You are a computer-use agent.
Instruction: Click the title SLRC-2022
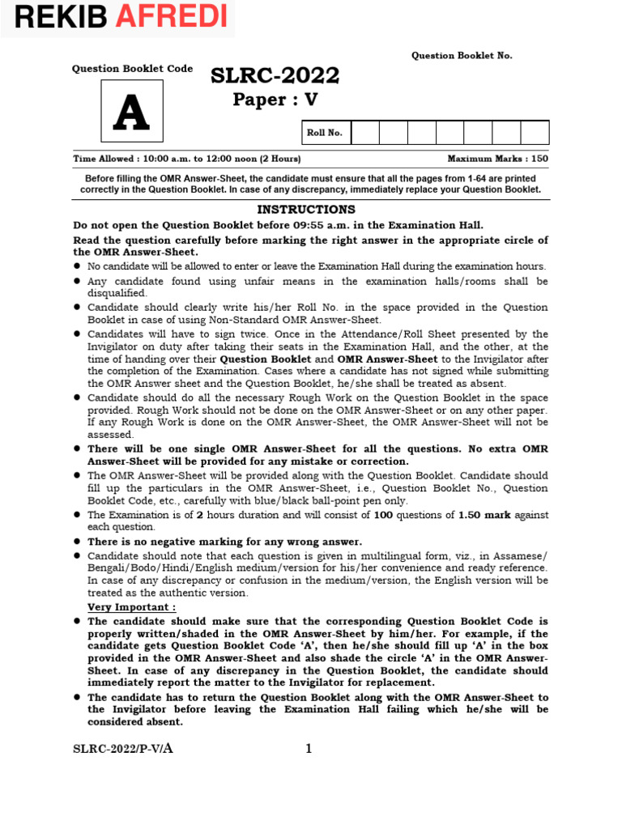(275, 77)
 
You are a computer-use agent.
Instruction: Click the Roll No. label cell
(325, 133)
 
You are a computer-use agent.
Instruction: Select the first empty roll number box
(364, 133)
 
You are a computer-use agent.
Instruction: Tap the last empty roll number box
(535, 133)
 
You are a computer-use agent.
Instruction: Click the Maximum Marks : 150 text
(497, 159)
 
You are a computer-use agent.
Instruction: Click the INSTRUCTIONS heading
(305, 210)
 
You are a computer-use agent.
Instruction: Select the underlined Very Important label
(131, 607)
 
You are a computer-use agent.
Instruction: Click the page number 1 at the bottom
(309, 749)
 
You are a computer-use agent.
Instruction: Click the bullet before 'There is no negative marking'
(77, 541)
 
